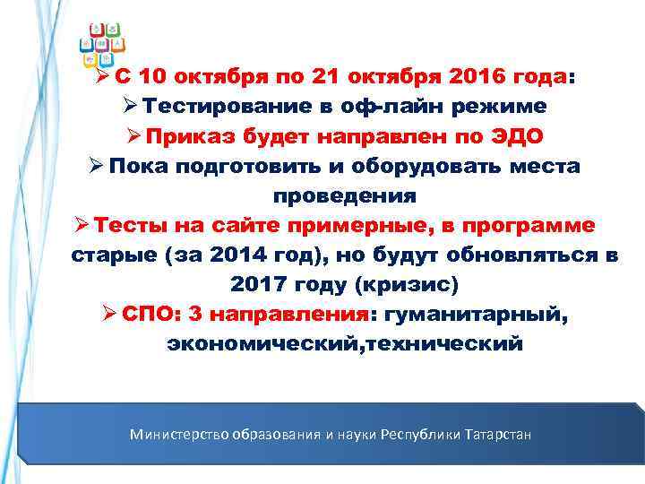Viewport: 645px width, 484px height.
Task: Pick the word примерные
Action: click(329, 226)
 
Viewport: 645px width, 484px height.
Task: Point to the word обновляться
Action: click(526, 255)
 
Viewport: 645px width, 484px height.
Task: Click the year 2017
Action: click(258, 285)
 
